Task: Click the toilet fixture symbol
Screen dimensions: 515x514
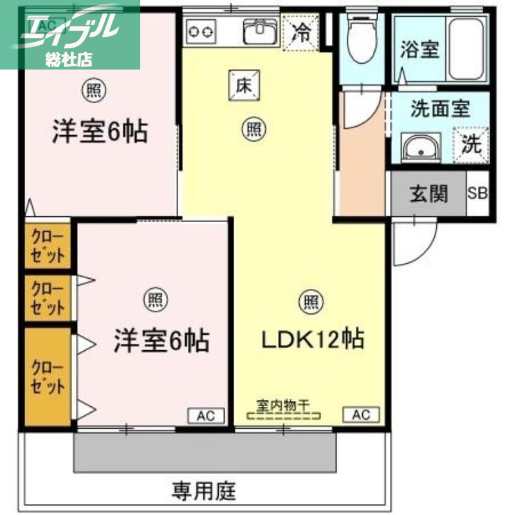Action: [x=361, y=37]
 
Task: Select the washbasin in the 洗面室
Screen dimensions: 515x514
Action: [x=420, y=148]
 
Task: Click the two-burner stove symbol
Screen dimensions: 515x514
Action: [x=201, y=30]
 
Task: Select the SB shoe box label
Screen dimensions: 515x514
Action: [x=477, y=192]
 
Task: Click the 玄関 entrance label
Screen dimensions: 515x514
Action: [x=429, y=192]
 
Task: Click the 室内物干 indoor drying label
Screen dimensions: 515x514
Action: [x=283, y=406]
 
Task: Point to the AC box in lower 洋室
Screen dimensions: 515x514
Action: [x=207, y=415]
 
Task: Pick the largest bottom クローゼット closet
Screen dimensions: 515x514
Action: [x=48, y=377]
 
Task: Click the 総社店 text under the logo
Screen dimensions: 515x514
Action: [x=69, y=59]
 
